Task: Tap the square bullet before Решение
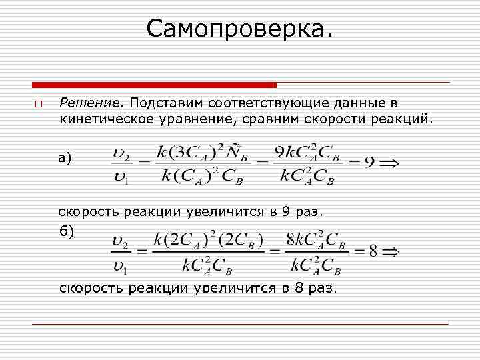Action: (38, 105)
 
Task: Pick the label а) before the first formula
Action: (65, 157)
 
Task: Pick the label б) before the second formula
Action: (67, 231)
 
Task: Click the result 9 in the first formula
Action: (369, 162)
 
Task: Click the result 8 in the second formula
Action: (373, 251)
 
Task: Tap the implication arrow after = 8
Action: (391, 251)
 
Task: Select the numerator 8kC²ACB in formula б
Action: (316, 241)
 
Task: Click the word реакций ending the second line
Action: (405, 121)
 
